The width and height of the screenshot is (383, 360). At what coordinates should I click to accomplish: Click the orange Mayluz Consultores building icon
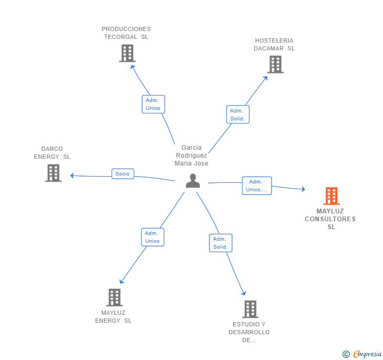tap(331, 196)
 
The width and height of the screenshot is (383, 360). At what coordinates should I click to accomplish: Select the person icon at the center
tap(193, 181)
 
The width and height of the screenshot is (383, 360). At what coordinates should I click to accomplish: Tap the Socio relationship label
tap(123, 174)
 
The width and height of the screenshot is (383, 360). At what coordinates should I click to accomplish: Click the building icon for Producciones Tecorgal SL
tap(127, 53)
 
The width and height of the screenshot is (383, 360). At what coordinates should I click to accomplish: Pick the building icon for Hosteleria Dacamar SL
tap(275, 65)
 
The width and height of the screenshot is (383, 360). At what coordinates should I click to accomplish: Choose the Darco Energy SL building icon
tap(53, 173)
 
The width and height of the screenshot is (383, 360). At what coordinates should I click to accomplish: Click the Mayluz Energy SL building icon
tap(114, 297)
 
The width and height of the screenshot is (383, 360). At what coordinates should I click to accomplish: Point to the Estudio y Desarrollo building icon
tap(250, 309)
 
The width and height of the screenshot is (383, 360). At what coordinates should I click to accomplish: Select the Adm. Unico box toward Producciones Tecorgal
tap(154, 104)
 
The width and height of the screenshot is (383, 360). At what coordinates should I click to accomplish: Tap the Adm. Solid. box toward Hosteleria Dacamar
tap(238, 115)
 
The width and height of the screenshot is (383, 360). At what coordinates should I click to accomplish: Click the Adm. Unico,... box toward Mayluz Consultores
tap(257, 186)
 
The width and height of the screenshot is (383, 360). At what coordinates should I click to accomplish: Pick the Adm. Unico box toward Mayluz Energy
tap(153, 237)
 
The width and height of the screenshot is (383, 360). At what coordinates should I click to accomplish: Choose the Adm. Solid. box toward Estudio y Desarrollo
tap(220, 243)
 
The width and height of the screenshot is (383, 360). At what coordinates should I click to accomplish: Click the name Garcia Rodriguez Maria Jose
tap(191, 156)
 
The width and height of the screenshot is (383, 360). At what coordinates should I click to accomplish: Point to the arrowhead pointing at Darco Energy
tap(72, 176)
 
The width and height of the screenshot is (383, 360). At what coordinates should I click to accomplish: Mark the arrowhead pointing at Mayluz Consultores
tap(304, 189)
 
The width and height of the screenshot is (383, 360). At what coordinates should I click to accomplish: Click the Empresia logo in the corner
tap(367, 354)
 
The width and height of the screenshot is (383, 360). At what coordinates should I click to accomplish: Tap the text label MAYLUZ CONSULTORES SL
tap(330, 219)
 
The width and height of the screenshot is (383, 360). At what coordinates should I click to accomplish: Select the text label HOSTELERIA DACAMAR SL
tap(274, 45)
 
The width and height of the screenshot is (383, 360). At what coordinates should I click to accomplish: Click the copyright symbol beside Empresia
tap(346, 354)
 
